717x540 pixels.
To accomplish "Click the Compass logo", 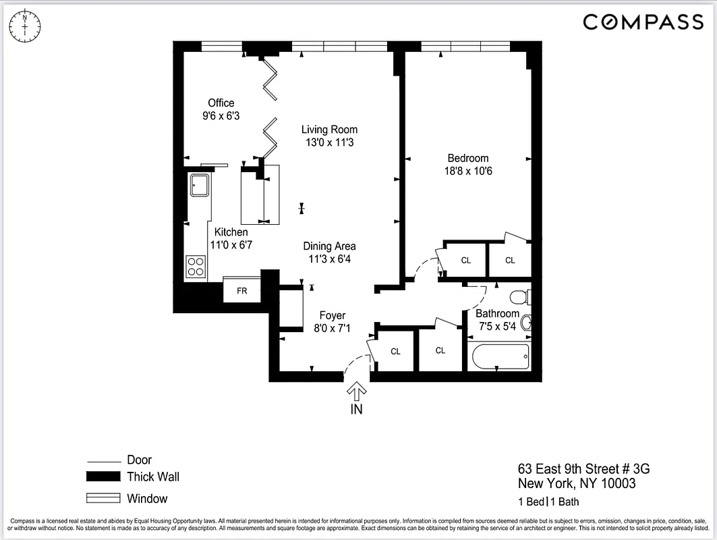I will coord(643,22).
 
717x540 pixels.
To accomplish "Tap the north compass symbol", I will coord(24,24).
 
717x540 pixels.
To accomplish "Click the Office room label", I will coord(221,103).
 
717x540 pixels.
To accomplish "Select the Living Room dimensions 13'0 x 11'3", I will coord(329,142).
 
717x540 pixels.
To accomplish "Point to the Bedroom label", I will coord(467,159).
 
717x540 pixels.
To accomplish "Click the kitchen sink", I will coord(200,184).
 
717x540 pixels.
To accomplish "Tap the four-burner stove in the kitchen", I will coord(196,266).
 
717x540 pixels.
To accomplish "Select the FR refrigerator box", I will coord(242,291).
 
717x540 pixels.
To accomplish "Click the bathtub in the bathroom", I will coord(498,356).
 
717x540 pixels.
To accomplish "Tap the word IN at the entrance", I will coord(356,409).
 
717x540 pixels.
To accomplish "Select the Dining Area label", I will coord(329,246).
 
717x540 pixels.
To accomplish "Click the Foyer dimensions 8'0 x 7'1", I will coord(332,329).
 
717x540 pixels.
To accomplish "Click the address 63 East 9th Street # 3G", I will coord(583,468).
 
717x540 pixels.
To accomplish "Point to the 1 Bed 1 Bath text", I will coord(548,502).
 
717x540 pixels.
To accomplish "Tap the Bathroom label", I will coord(498,313).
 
